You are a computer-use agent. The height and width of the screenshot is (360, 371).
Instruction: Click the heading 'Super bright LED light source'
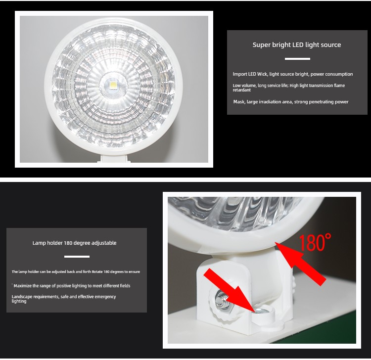(297, 45)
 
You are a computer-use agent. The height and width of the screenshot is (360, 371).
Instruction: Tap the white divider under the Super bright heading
(297, 59)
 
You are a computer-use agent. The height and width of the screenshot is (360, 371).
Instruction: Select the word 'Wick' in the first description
(262, 74)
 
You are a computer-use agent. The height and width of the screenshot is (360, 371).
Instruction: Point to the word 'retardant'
(241, 90)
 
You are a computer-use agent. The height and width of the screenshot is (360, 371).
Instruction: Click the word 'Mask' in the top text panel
(239, 102)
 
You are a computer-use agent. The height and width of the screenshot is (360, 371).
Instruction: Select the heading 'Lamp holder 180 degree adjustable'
(75, 243)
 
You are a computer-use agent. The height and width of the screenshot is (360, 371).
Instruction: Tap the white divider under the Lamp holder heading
(77, 257)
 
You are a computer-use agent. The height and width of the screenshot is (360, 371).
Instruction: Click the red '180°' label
(315, 242)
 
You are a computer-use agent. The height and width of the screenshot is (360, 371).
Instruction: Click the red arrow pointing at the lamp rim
(300, 263)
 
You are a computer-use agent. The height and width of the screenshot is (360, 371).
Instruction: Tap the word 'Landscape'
(22, 297)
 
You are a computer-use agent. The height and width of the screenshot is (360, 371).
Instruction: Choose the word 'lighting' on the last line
(19, 301)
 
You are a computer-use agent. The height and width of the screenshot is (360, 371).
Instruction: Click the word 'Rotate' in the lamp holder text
(97, 271)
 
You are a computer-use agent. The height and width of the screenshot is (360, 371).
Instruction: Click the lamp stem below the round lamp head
(114, 158)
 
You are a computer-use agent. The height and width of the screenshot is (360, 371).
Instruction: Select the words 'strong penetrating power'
(322, 102)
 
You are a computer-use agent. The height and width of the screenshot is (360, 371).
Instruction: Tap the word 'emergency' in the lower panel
(105, 297)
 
